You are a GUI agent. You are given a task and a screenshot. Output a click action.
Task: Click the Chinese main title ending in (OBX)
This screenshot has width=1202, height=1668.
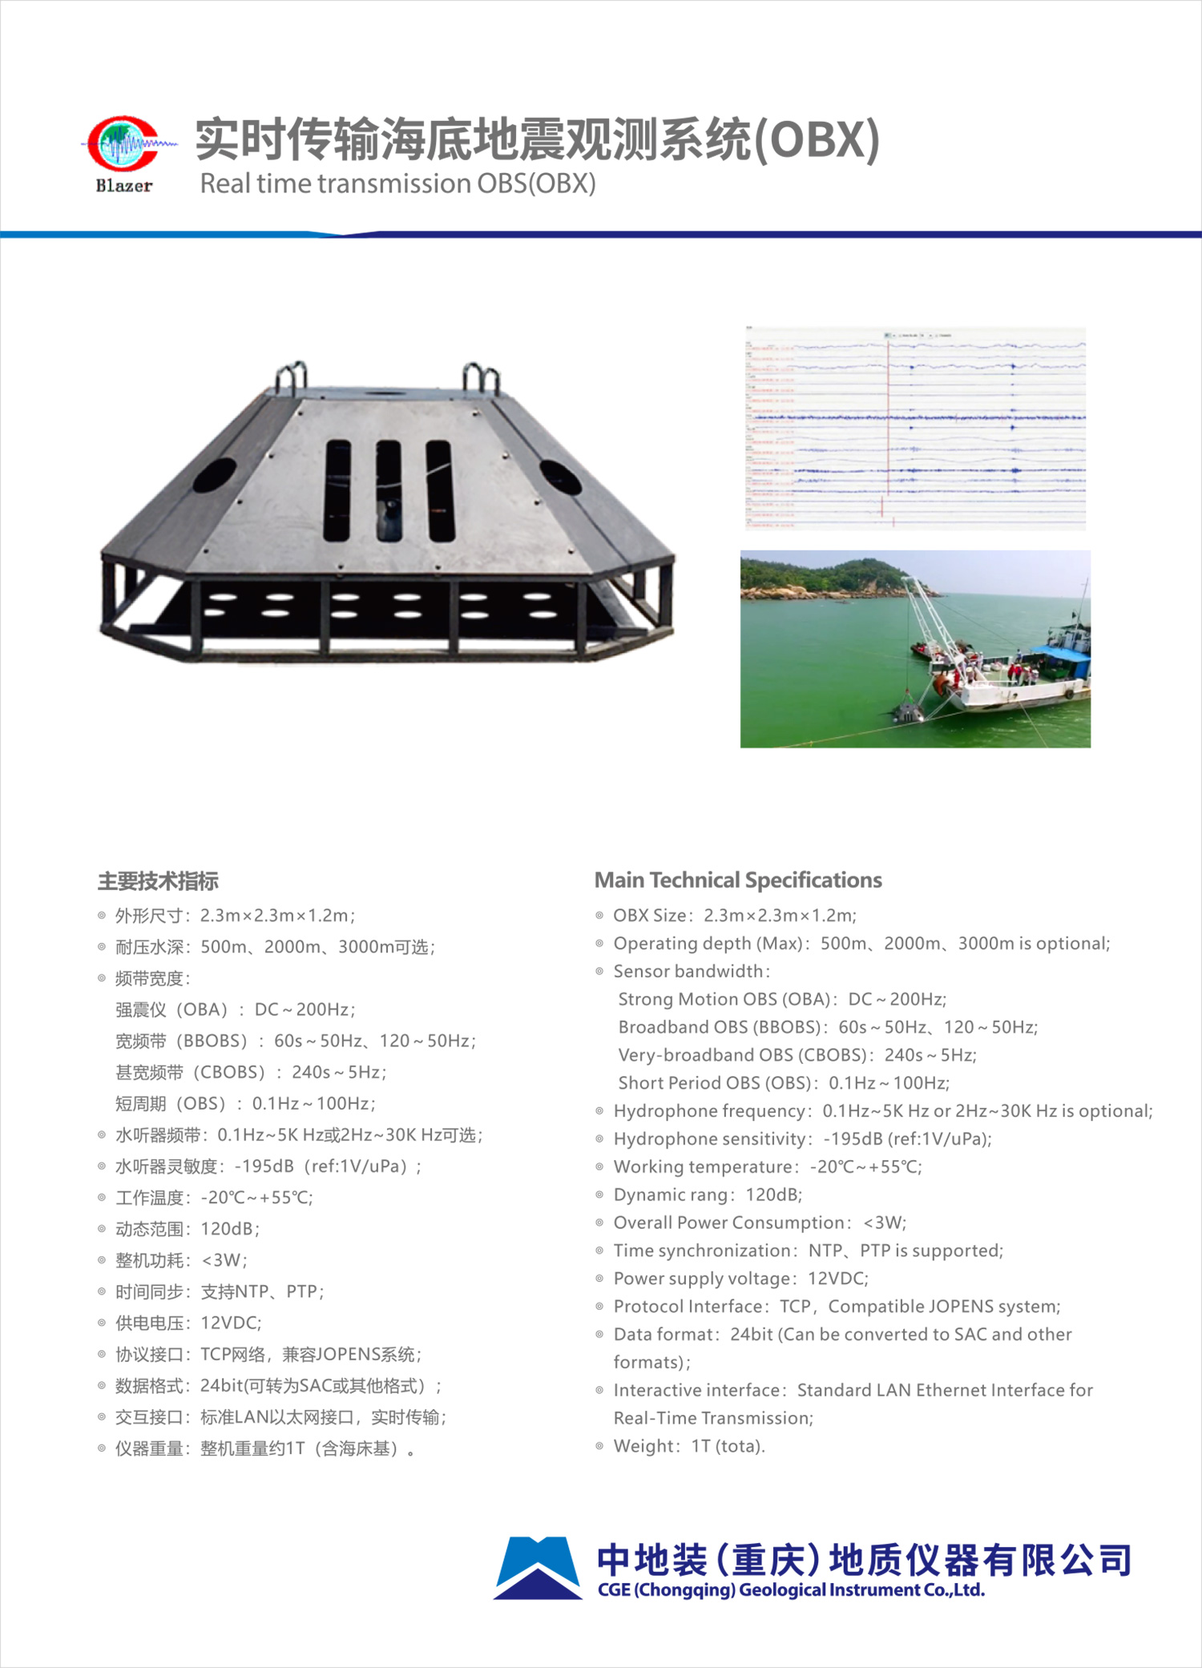pos(537,139)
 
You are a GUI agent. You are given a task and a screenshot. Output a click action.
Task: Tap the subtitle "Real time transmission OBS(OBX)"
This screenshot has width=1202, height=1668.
pos(397,183)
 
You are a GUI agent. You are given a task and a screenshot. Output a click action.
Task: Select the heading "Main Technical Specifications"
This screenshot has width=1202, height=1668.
pos(737,880)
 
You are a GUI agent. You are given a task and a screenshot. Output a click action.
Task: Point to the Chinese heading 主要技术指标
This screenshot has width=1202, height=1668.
pos(158,881)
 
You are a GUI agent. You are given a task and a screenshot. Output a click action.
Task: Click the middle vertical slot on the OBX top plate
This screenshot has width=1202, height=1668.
pos(389,490)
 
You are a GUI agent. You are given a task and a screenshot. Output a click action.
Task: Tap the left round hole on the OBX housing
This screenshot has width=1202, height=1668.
pos(214,474)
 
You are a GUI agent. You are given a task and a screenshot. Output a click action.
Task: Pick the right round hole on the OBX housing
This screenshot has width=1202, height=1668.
pos(560,477)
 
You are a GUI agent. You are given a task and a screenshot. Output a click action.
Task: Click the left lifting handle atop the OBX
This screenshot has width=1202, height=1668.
pos(292,377)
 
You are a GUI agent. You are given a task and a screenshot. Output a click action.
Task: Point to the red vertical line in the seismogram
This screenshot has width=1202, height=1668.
pos(888,417)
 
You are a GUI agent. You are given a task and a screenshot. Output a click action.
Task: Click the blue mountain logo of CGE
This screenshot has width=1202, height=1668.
pos(537,1568)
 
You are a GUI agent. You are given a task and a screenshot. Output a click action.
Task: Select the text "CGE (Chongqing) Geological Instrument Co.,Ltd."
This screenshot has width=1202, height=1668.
pos(791,1590)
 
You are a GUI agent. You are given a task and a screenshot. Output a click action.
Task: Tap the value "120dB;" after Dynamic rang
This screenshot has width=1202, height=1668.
pos(773,1195)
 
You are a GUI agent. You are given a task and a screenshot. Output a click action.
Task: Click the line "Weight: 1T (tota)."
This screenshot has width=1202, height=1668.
pos(689,1446)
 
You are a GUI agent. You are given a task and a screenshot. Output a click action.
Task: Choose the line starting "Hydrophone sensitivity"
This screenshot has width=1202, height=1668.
pos(802,1138)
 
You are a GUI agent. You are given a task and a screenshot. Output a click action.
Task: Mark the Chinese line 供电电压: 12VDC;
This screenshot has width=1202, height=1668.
pos(188,1323)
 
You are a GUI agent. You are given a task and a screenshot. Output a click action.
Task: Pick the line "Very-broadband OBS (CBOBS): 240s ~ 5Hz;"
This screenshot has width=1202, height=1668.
pos(797,1055)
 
